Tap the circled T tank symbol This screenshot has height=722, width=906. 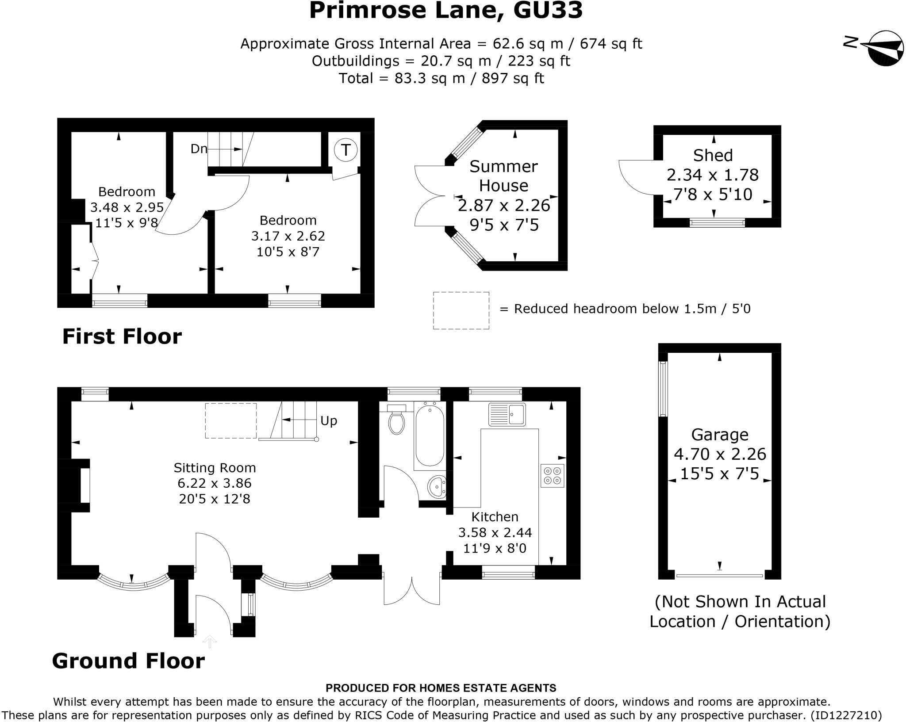[346, 149]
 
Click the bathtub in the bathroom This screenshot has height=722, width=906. [430, 436]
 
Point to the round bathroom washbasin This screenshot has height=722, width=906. [437, 487]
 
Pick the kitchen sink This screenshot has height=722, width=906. [507, 414]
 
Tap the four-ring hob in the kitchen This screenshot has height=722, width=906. [552, 475]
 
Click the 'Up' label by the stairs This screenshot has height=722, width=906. [329, 421]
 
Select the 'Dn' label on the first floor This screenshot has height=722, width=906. [199, 149]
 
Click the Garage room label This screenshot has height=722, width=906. [720, 435]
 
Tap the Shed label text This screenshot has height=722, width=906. [713, 156]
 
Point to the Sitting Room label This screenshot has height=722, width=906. [215, 467]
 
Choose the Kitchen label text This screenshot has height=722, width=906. [495, 516]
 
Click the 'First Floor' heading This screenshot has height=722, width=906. [122, 336]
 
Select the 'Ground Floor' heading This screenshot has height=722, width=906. [128, 661]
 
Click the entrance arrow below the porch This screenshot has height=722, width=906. [209, 641]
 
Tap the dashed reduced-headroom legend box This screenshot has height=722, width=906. [461, 310]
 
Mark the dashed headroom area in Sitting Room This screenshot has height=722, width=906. [230, 420]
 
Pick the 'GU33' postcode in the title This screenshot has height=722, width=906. [548, 10]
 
